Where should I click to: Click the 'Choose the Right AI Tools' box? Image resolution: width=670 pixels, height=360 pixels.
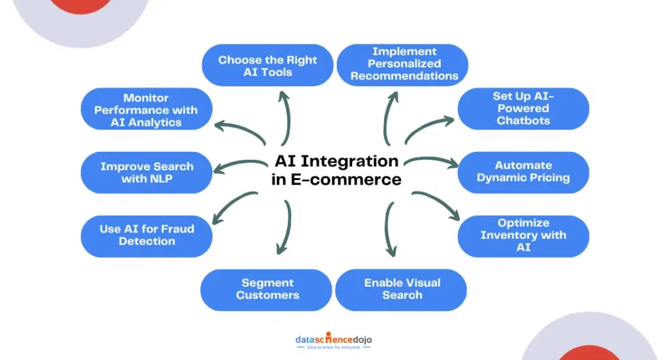pyautogui.click(x=267, y=66)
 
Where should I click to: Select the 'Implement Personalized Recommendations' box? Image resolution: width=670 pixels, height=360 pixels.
pyautogui.click(x=403, y=64)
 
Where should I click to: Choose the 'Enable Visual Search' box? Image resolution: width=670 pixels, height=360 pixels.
pyautogui.click(x=402, y=289)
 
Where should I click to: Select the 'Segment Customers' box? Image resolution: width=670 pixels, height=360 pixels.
pyautogui.click(x=267, y=289)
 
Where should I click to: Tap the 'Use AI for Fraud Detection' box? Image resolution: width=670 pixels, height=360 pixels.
pyautogui.click(x=147, y=236)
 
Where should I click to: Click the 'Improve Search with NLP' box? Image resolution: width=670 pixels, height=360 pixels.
pyautogui.click(x=147, y=173)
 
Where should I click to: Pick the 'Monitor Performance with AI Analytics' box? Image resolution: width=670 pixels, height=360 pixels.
pyautogui.click(x=147, y=109)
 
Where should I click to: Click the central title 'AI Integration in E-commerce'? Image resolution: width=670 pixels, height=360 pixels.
pyautogui.click(x=336, y=170)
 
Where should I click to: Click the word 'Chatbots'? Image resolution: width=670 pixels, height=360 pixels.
pyautogui.click(x=523, y=121)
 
